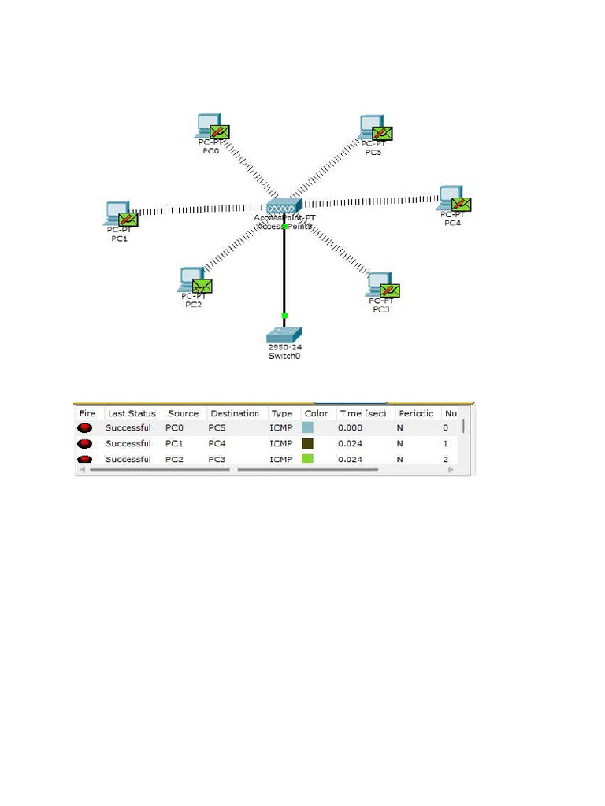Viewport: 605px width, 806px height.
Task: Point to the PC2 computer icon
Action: click(191, 280)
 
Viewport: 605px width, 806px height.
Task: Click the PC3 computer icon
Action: click(379, 285)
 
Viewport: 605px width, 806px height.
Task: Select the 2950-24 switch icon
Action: click(284, 334)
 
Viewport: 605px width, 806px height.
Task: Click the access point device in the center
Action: click(284, 206)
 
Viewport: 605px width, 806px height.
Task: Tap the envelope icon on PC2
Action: click(202, 287)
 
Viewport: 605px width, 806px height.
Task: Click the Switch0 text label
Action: click(284, 356)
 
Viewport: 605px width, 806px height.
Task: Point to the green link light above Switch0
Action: click(284, 316)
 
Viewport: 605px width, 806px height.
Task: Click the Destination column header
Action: click(235, 413)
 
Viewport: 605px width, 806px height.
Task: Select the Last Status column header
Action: click(132, 413)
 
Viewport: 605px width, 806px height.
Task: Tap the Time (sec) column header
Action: click(362, 413)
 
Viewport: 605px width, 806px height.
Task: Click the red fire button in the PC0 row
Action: click(85, 427)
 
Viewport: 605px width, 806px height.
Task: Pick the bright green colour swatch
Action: click(308, 459)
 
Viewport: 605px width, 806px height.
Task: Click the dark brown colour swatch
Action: click(308, 443)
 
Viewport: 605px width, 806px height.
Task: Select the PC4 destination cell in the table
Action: click(218, 443)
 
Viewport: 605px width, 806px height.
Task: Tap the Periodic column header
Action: click(416, 413)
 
